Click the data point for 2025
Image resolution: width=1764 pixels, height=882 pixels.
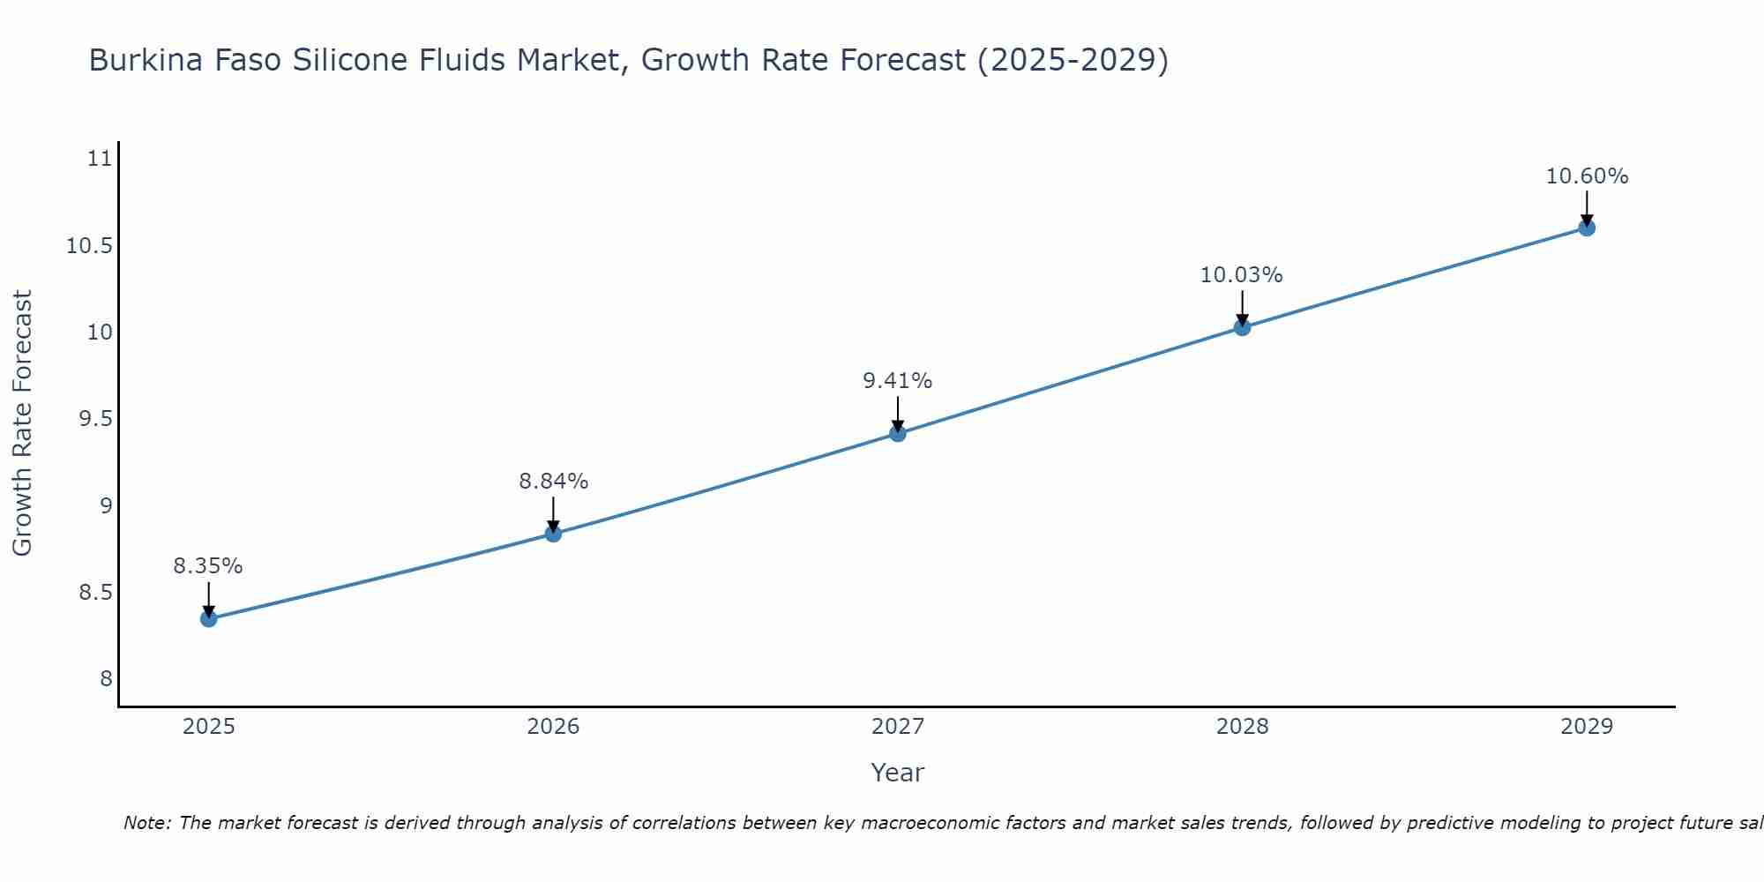click(x=208, y=618)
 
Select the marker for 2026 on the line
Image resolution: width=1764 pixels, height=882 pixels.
click(x=553, y=534)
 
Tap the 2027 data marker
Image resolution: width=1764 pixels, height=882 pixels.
click(x=897, y=433)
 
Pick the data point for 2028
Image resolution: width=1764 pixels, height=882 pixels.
click(x=1242, y=327)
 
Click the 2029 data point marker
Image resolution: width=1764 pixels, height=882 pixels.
click(x=1586, y=228)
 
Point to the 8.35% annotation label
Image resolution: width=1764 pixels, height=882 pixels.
click(x=207, y=566)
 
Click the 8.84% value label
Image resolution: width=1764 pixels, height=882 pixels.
click(x=553, y=482)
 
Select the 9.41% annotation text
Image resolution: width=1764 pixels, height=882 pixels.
click(x=897, y=381)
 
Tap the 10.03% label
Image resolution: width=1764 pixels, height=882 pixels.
click(x=1241, y=275)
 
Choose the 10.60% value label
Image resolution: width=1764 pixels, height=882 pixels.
click(x=1587, y=176)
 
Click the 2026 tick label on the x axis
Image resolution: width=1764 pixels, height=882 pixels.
click(x=553, y=727)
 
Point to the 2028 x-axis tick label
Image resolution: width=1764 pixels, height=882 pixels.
click(x=1242, y=727)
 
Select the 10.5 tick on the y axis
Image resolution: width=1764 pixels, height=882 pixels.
click(x=90, y=245)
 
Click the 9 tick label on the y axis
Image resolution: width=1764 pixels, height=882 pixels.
click(x=106, y=505)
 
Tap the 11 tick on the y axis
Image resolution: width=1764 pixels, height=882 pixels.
click(x=100, y=159)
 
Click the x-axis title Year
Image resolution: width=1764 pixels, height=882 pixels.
click(x=897, y=773)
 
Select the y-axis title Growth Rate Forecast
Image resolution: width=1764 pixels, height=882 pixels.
click(x=23, y=423)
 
